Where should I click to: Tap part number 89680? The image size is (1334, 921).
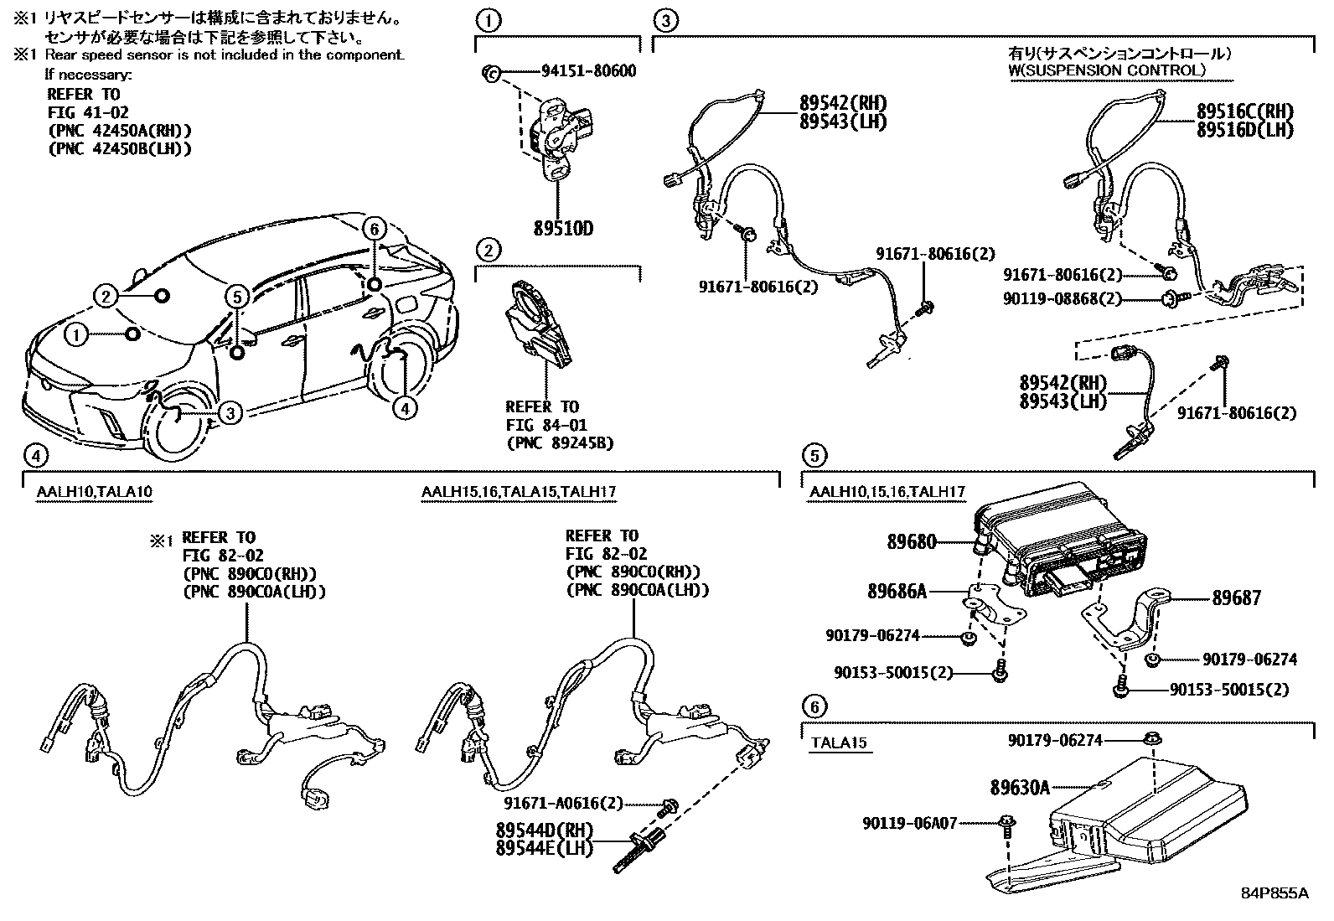pyautogui.click(x=912, y=542)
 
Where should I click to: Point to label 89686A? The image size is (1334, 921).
pyautogui.click(x=897, y=592)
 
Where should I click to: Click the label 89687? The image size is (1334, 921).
pyautogui.click(x=1236, y=598)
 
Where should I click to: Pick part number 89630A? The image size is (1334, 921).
pyautogui.click(x=1019, y=788)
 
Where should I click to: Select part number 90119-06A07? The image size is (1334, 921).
pyautogui.click(x=909, y=824)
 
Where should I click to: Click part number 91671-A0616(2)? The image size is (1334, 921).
pyautogui.click(x=564, y=804)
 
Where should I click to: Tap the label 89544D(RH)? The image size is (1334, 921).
pyautogui.click(x=544, y=830)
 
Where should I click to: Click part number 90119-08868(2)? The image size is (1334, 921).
pyautogui.click(x=1063, y=298)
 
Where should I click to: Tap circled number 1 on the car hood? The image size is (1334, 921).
pyautogui.click(x=77, y=336)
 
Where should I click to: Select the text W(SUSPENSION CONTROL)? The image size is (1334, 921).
pyautogui.click(x=1106, y=70)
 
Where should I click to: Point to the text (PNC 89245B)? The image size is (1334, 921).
pyautogui.click(x=560, y=442)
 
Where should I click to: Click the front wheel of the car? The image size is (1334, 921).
pyautogui.click(x=178, y=427)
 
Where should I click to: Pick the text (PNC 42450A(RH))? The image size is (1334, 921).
pyautogui.click(x=120, y=131)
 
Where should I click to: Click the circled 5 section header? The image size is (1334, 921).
pyautogui.click(x=814, y=456)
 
